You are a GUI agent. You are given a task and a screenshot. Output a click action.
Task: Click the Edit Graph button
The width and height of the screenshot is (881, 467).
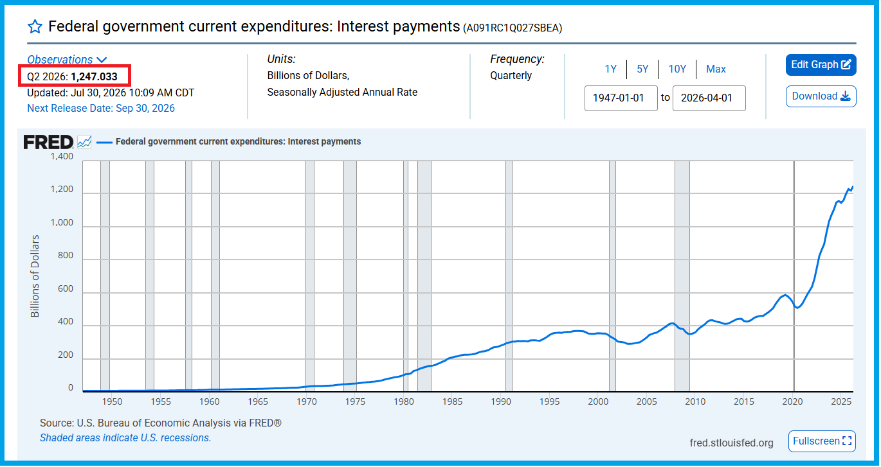(821, 65)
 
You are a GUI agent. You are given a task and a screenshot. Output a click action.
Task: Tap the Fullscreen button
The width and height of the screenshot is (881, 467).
(822, 441)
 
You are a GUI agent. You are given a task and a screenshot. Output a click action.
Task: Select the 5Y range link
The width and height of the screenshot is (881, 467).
(642, 69)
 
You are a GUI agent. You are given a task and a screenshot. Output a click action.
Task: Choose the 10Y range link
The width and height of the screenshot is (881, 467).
(677, 69)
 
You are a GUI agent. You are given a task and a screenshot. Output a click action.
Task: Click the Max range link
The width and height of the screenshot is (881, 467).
(716, 69)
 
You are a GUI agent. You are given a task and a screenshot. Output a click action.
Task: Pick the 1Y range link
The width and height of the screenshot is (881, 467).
(610, 69)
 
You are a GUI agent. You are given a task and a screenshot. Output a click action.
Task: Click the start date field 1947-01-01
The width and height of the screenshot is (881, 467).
(621, 98)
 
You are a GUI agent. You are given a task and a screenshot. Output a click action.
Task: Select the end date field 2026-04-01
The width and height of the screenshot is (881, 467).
(709, 98)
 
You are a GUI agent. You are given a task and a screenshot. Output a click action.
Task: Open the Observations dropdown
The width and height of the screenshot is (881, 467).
(67, 59)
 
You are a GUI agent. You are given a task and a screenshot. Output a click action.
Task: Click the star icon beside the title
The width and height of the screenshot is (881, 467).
(35, 27)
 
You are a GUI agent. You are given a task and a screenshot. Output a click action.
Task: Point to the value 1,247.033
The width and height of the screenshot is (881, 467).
(95, 76)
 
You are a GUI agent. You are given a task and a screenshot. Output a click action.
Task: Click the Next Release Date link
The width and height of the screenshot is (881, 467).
(101, 109)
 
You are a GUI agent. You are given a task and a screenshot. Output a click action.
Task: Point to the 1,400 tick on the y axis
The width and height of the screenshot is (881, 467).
(62, 156)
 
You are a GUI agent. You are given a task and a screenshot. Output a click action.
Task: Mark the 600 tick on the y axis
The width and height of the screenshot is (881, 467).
(66, 288)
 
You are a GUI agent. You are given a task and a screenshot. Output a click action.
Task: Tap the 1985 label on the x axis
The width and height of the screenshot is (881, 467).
(452, 402)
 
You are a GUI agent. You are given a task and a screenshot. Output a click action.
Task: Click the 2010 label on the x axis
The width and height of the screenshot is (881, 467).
(695, 402)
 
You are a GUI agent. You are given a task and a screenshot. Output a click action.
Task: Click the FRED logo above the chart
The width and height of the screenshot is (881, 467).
(48, 142)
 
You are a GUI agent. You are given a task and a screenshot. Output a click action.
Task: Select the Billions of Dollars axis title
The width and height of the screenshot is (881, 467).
(35, 276)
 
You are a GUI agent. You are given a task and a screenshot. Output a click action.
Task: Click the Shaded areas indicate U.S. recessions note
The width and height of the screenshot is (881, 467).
(125, 438)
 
